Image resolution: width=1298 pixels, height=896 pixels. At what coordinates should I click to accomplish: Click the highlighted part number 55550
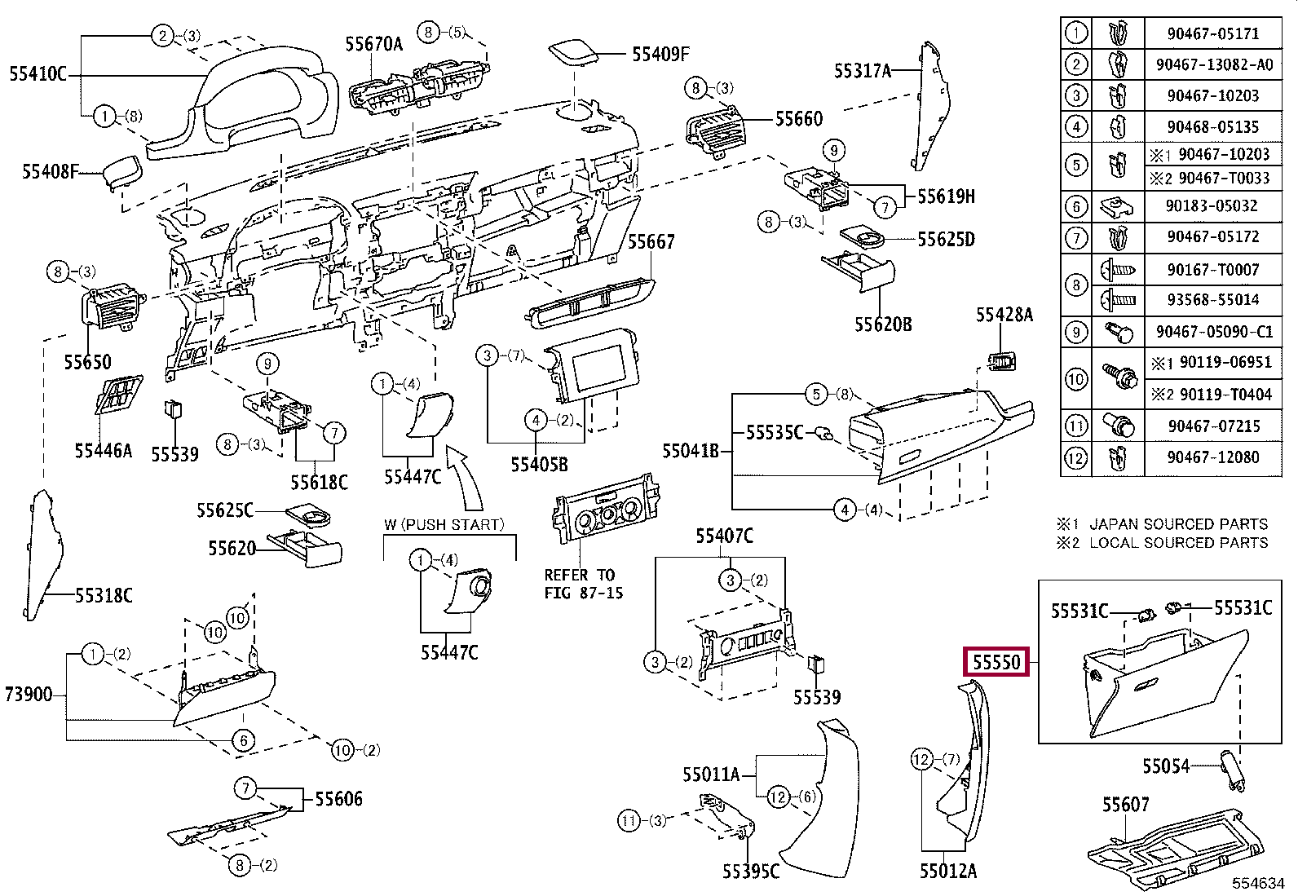tap(996, 662)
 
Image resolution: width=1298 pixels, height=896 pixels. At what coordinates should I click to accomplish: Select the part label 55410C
tap(38, 74)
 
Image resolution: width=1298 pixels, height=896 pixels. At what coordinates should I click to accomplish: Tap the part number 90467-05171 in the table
tap(1212, 33)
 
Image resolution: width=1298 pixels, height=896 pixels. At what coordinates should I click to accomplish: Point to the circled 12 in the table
tap(1076, 457)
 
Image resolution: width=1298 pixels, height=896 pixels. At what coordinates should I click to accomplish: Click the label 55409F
tap(660, 55)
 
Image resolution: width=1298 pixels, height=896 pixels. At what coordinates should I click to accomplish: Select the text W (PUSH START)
tap(444, 524)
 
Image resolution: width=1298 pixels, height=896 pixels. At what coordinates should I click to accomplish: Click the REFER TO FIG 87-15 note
tap(583, 584)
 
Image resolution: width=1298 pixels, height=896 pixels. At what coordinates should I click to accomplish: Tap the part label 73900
tap(29, 695)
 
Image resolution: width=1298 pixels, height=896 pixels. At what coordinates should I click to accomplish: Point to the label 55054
tap(1165, 766)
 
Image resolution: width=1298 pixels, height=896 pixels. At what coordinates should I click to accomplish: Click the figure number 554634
tap(1257, 883)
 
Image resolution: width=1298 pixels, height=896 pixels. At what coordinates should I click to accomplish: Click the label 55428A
tap(1004, 316)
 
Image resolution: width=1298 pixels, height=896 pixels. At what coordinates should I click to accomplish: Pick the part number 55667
tap(651, 242)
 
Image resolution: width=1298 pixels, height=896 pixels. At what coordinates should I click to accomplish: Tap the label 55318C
tap(104, 596)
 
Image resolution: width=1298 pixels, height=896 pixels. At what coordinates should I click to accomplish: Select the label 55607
tap(1125, 805)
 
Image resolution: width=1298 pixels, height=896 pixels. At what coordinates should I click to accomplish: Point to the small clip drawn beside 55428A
tap(1002, 360)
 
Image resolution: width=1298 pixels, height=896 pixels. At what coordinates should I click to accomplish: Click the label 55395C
tap(750, 872)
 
